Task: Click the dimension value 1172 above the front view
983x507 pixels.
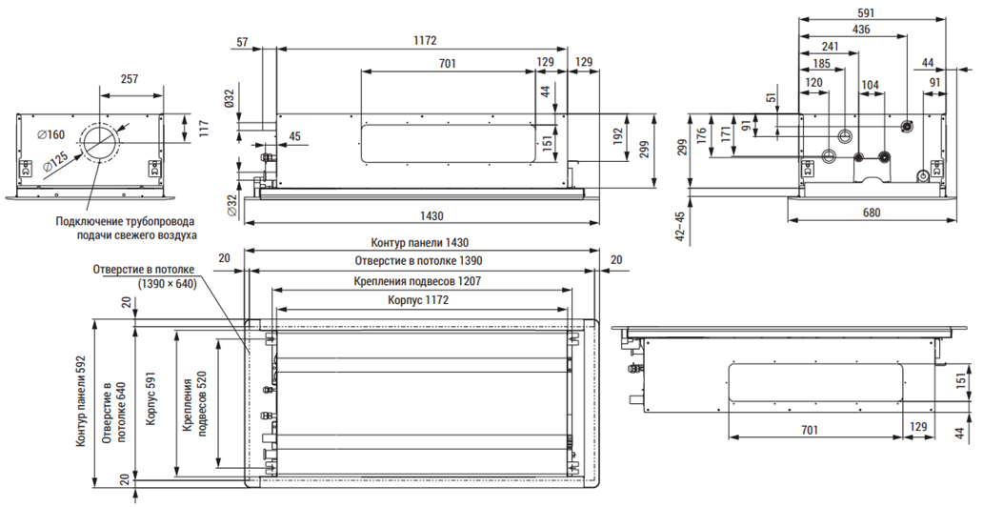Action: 425,41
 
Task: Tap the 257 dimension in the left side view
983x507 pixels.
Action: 130,79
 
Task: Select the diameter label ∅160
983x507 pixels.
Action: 50,134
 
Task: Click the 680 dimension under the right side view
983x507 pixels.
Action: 872,213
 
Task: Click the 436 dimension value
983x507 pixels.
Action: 861,29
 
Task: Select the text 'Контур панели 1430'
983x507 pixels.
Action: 419,243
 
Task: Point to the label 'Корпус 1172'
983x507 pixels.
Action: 419,300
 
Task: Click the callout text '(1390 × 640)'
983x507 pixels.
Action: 167,284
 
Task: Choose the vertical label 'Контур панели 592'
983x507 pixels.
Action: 81,402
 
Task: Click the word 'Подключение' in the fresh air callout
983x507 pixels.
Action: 86,221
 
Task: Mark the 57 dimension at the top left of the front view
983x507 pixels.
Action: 243,43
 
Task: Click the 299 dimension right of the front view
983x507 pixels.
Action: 645,148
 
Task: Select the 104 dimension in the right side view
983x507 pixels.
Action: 871,85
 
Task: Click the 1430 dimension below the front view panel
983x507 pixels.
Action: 431,215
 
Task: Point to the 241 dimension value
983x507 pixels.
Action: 830,46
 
